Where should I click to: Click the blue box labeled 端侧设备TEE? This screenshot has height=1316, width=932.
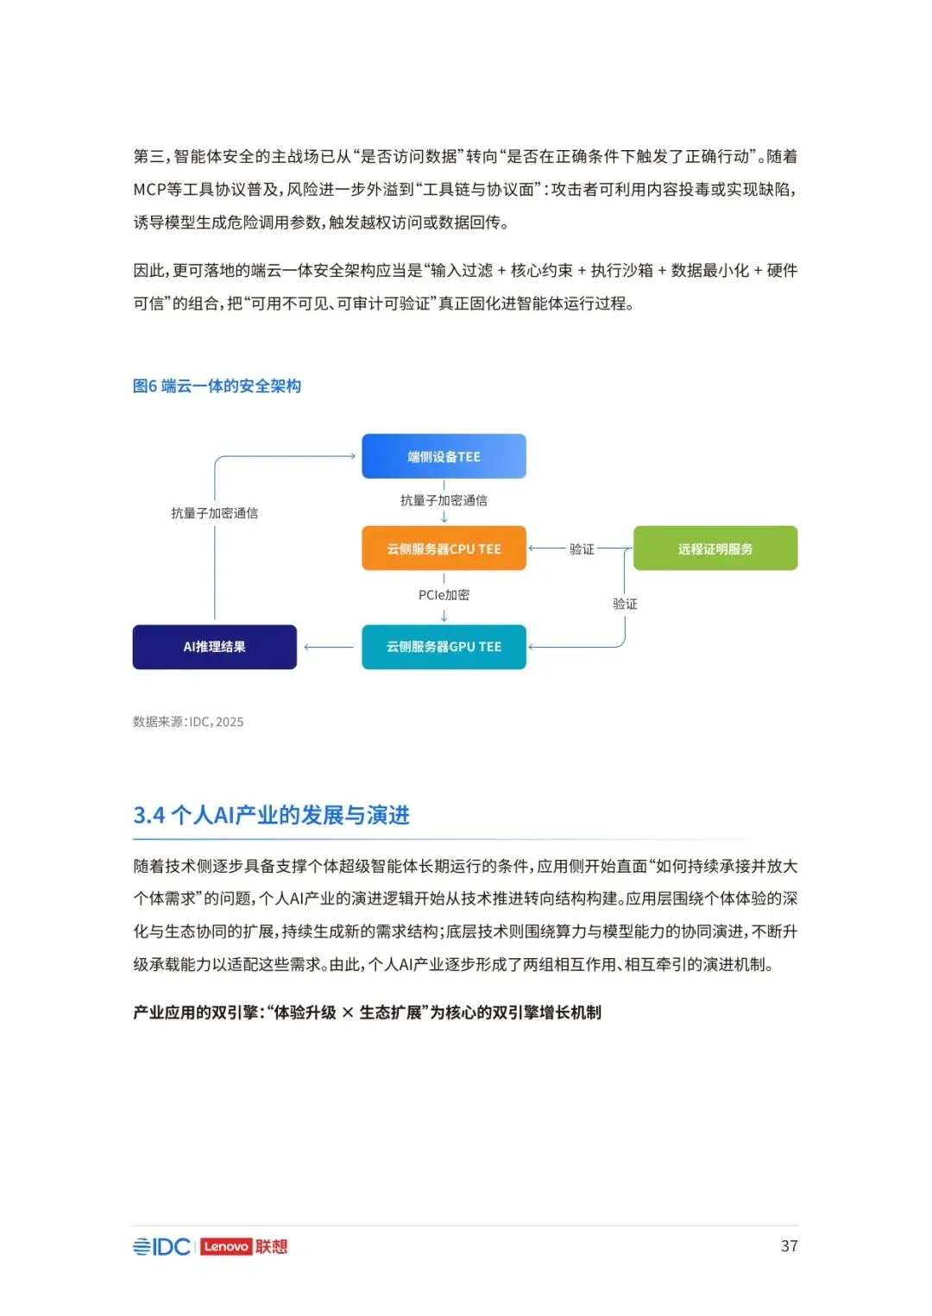[x=444, y=456]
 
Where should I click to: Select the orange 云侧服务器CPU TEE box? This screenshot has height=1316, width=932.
[x=444, y=548]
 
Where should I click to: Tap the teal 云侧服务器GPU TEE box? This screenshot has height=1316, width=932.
[x=444, y=647]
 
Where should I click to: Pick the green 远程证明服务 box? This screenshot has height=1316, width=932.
[x=715, y=548]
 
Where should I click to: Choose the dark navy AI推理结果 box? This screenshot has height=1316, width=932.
[x=214, y=647]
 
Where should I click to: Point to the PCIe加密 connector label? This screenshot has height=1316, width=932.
[x=444, y=595]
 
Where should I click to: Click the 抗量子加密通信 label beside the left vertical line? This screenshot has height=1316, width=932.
[x=214, y=513]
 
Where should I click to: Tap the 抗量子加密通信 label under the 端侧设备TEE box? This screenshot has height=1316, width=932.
[x=444, y=500]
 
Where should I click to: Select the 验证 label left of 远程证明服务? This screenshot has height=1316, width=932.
[x=582, y=548]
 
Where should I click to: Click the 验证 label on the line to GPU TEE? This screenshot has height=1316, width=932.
[x=625, y=604]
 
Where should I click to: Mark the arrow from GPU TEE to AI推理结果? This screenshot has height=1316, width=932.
[x=328, y=647]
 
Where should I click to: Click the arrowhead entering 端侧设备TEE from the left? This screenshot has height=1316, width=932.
[x=351, y=456]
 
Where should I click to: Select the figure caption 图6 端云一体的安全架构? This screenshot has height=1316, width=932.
[x=217, y=386]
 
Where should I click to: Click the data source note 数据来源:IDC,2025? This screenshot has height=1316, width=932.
[x=188, y=722]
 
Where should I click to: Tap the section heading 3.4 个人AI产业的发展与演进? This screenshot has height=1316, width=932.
[x=271, y=815]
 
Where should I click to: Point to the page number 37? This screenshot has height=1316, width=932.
[x=789, y=1246]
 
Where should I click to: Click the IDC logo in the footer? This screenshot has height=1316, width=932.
[x=162, y=1247]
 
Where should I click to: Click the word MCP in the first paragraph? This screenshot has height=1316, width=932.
[x=148, y=190]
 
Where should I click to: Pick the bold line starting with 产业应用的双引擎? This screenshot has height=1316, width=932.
[x=367, y=1012]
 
